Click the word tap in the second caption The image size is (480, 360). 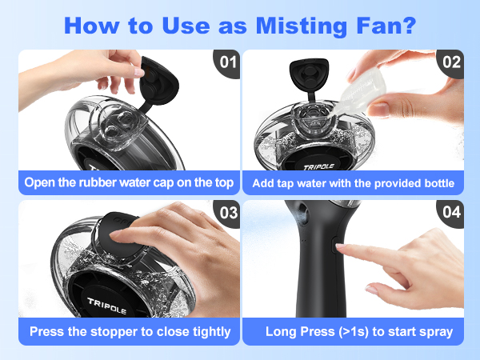301,183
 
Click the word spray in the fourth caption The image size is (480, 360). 435,331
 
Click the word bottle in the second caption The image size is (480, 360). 437,183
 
